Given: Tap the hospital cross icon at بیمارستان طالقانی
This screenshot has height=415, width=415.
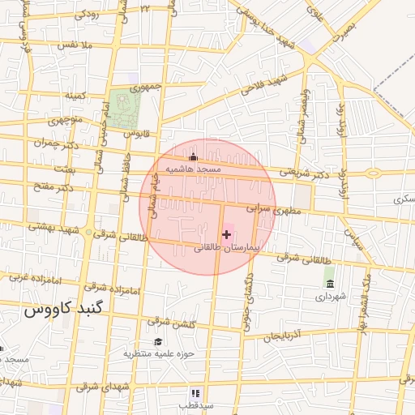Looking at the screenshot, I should coord(225,234).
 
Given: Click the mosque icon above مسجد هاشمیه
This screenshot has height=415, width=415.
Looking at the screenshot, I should coord(192,156).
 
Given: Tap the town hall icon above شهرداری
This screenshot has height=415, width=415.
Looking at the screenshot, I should coord(330,283).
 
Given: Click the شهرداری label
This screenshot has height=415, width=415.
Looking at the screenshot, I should coord(331,296).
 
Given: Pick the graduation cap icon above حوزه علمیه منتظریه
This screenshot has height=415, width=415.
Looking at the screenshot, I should coord(158,341).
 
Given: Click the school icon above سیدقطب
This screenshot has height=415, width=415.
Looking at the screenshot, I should coord(194,392).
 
